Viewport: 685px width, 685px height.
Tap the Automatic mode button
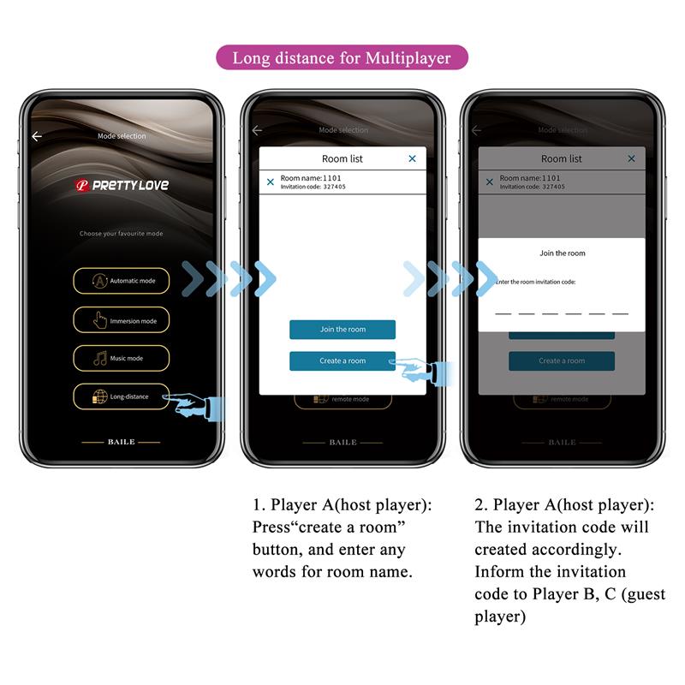tap(121, 281)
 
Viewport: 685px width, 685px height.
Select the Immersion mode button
tap(121, 320)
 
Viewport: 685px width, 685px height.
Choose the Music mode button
tap(121, 358)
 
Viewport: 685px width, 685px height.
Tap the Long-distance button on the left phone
tap(121, 396)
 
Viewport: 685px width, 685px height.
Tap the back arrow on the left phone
tap(37, 136)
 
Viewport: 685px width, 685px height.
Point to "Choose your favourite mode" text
tap(121, 234)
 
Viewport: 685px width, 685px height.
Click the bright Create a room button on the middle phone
tap(342, 360)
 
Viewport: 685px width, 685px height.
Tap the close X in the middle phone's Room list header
tap(412, 158)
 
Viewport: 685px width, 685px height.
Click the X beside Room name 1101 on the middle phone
tap(271, 182)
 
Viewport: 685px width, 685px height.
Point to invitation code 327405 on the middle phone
tap(312, 187)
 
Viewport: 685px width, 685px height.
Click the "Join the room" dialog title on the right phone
tap(562, 253)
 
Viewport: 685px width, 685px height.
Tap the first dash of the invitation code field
tap(503, 313)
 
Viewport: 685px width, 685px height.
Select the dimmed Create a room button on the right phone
tap(561, 360)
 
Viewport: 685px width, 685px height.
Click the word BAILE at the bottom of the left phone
tap(121, 443)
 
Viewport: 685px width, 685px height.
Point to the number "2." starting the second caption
tap(481, 505)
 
